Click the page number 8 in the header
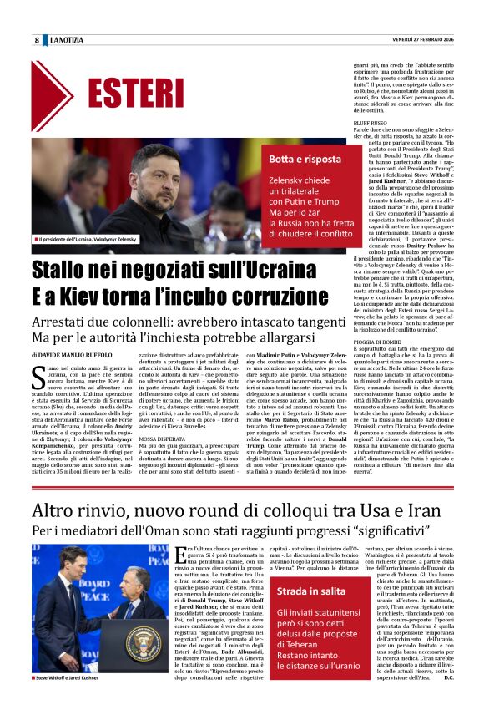[37, 40]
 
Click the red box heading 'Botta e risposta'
[297, 158]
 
